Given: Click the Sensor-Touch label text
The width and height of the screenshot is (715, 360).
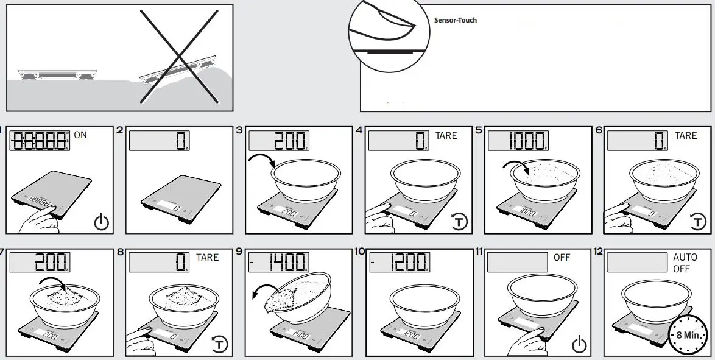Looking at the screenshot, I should click(x=455, y=20).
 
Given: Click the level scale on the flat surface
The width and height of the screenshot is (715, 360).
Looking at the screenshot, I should click(x=56, y=74).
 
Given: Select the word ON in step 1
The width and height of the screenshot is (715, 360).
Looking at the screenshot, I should click(x=80, y=135).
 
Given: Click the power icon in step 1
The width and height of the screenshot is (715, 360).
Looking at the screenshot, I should click(x=102, y=222).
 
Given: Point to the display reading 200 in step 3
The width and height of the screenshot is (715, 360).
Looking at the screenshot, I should click(x=280, y=141).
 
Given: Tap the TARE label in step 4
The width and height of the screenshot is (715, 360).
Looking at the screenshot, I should click(x=446, y=135).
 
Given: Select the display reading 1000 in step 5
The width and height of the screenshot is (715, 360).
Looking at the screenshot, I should click(x=518, y=141).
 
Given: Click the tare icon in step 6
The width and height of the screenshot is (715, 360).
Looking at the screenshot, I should click(x=699, y=222).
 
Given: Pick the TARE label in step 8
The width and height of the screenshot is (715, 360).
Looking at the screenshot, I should click(x=207, y=258).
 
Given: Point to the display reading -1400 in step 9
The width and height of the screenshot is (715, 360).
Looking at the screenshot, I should click(x=280, y=263).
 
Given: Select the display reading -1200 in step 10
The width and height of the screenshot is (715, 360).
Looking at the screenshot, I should click(x=399, y=263).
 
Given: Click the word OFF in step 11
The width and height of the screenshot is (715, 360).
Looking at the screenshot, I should click(x=562, y=258).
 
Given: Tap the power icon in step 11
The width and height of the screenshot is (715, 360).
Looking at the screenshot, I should click(x=579, y=345).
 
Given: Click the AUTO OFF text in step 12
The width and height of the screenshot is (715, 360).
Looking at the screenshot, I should click(x=685, y=263).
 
